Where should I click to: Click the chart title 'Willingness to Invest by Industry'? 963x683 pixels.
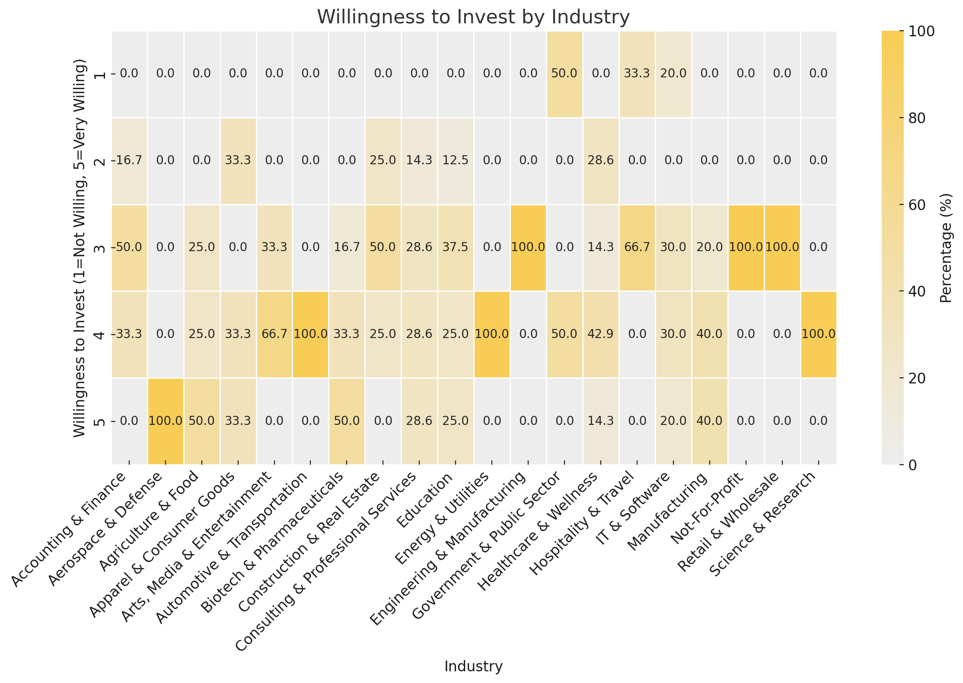coord(473,17)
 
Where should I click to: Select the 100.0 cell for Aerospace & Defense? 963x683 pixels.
coord(166,421)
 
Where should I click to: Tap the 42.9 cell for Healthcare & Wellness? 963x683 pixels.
coord(600,334)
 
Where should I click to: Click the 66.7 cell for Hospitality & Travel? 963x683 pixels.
coord(637,247)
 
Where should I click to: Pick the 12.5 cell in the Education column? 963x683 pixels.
coord(456,160)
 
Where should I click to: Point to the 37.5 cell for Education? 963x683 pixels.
coord(456,247)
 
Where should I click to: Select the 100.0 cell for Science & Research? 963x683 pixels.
coord(818,334)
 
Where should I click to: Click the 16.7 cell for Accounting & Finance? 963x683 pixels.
coord(129,160)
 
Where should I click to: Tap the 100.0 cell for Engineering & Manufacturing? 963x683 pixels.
coord(528,247)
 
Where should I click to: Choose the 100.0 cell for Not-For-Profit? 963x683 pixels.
coord(746,247)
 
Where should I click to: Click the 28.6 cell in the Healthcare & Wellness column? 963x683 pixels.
coord(600,160)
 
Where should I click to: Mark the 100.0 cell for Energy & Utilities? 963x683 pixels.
coord(492,334)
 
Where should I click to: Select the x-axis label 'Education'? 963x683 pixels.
coord(426,501)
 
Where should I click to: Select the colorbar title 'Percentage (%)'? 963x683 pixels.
coord(947,248)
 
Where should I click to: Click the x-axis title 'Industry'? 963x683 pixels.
coord(473,666)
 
